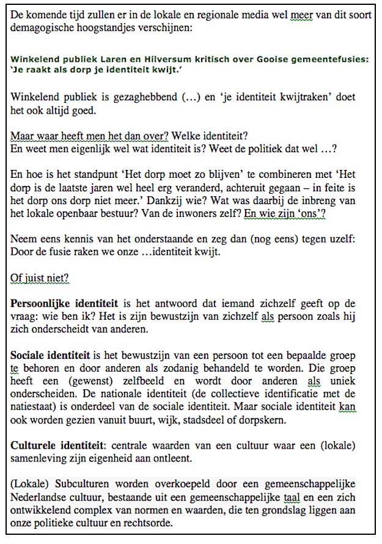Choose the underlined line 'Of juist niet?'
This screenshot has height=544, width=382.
[40, 278]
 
